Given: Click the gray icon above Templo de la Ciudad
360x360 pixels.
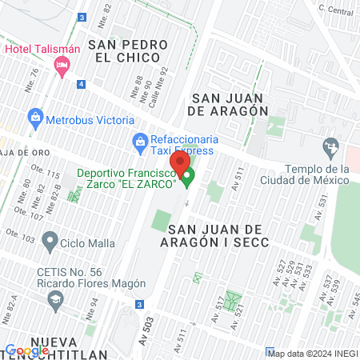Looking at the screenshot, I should click(x=329, y=147).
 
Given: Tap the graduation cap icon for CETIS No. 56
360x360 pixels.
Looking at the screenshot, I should click(x=55, y=301).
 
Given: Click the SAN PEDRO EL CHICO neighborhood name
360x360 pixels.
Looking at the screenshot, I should click(x=130, y=50).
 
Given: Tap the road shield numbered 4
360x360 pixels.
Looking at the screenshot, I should click(x=81, y=84).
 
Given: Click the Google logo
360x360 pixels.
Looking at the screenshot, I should click(x=27, y=350).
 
